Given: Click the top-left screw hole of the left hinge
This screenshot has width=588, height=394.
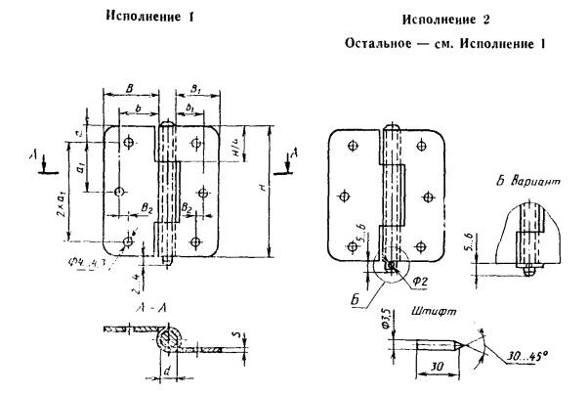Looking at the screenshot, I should pos(128,143).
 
